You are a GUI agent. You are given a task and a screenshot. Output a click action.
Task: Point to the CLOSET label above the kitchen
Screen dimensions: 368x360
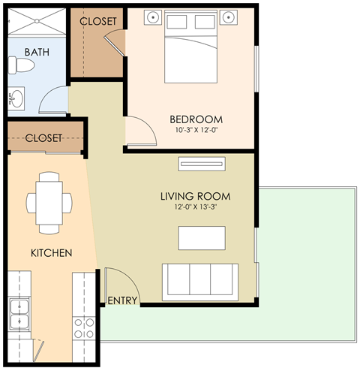coord(43,138)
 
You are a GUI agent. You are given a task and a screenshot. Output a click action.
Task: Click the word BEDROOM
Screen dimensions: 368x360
coord(196,119)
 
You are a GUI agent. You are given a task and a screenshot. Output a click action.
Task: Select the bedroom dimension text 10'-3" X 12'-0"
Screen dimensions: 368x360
coord(196,131)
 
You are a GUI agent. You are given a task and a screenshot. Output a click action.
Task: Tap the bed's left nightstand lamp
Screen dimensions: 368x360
coord(152,16)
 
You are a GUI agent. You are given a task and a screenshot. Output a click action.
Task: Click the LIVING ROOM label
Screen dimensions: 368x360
coord(195,197)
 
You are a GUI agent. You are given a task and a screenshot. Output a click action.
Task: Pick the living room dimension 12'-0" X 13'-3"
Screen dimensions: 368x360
coord(195,208)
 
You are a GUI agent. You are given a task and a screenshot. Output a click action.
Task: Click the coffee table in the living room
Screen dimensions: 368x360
coord(200,237)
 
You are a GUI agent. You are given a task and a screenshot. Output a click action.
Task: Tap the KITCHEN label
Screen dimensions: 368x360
coord(51,253)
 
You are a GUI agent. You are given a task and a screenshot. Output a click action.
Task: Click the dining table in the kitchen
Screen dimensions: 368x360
coord(49,201)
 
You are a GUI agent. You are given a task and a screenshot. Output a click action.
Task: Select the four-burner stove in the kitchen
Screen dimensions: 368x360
coord(83,328)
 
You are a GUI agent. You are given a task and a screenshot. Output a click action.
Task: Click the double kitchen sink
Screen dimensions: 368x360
coord(19,315)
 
